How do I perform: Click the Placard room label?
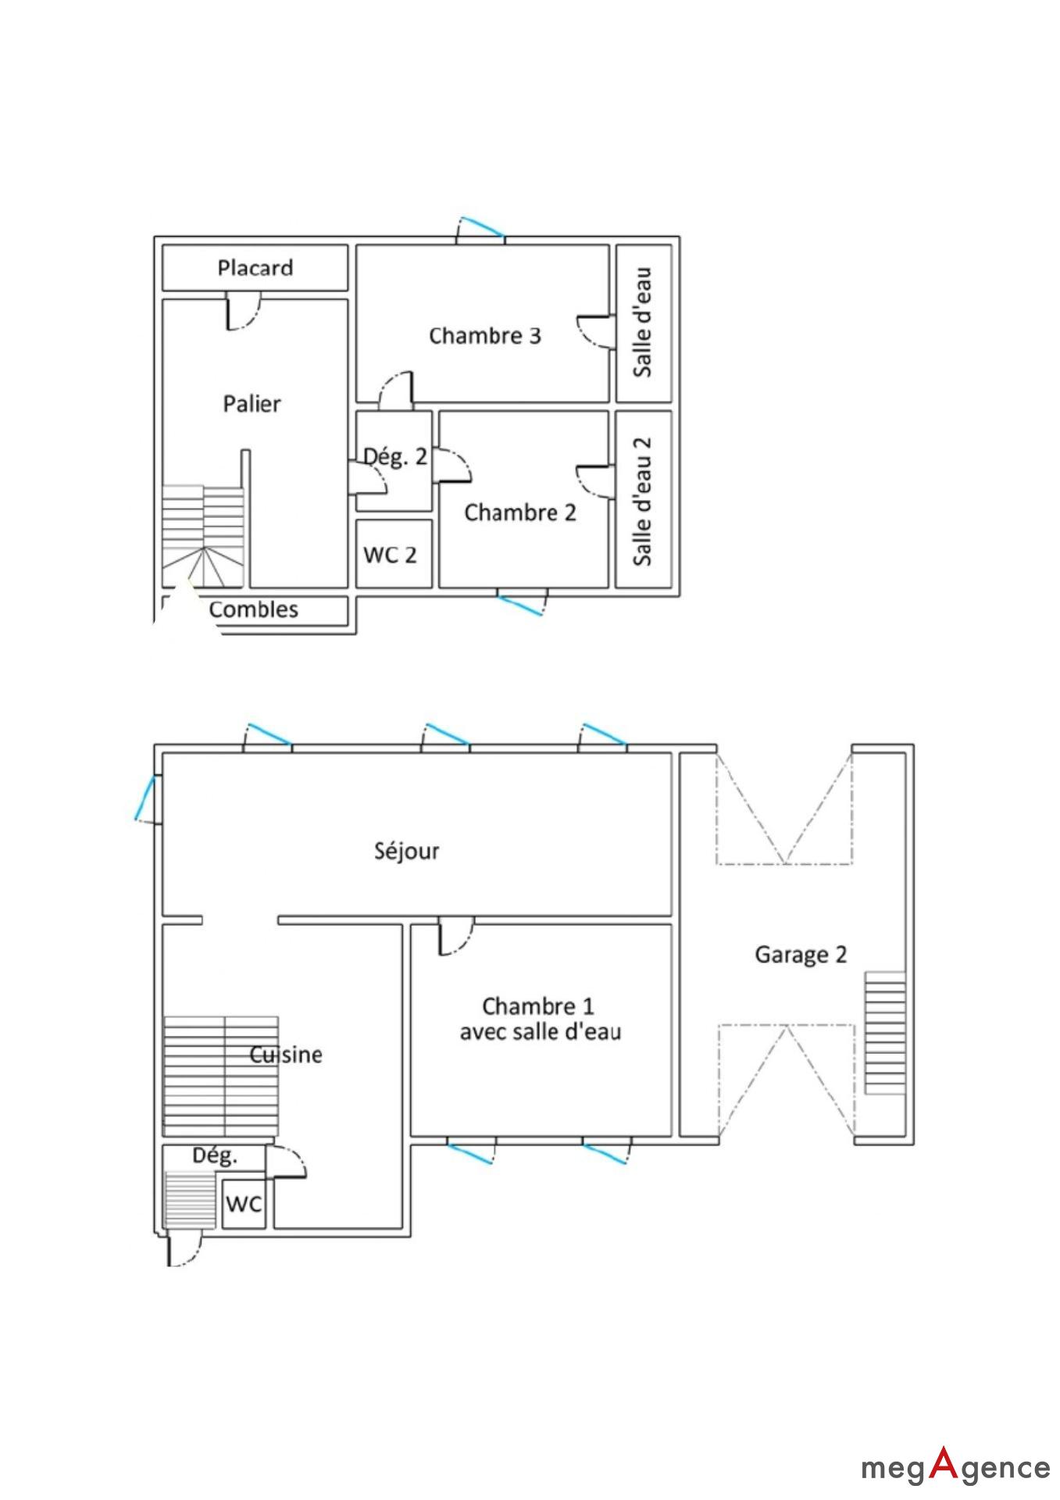point(255,268)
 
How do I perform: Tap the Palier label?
point(252,404)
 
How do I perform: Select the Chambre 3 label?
point(485,336)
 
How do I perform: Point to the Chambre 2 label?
point(520,512)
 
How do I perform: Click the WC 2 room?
point(394,554)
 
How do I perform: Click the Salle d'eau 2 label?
point(642,500)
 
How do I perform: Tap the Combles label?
point(254,609)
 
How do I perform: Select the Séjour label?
point(407,851)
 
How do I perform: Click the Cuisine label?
point(286,1055)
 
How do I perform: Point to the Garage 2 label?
point(801,955)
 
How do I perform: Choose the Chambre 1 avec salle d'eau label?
point(540,1019)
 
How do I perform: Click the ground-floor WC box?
point(244,1204)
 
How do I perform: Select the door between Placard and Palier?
point(243,311)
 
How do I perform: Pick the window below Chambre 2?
point(523,602)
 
